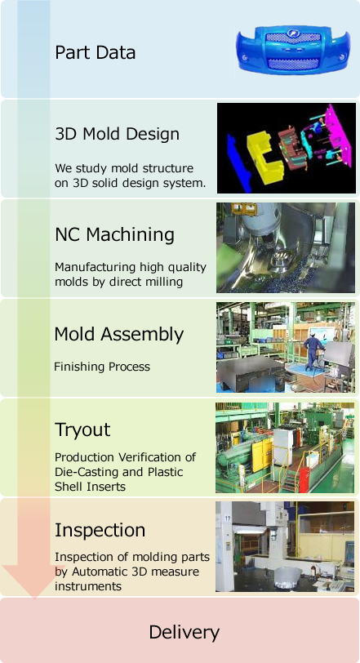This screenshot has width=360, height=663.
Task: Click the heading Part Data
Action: (95, 53)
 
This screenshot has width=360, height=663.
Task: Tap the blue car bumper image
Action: (293, 50)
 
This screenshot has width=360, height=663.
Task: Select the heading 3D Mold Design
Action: (117, 134)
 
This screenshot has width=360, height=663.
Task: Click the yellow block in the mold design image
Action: (264, 157)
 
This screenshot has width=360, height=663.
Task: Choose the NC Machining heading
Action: (114, 234)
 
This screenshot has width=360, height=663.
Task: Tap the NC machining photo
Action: (286, 247)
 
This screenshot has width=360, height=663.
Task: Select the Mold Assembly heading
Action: (118, 335)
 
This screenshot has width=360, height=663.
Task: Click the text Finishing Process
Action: (102, 366)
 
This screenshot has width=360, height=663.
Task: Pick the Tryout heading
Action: (82, 430)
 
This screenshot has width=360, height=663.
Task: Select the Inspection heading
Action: (100, 530)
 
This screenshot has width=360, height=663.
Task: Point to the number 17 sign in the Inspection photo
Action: (228, 518)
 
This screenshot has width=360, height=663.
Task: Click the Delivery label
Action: (184, 633)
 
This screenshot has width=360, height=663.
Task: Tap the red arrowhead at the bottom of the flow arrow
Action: (33, 579)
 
